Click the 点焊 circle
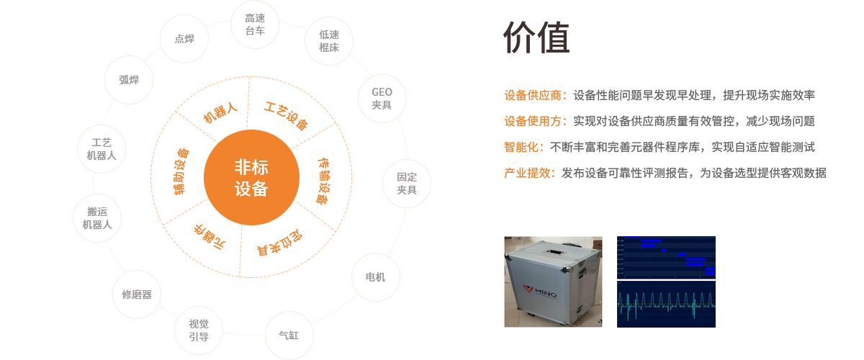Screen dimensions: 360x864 (x=184, y=39)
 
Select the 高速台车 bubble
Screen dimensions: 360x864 (x=255, y=24)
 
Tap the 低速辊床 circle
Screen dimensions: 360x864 (x=329, y=41)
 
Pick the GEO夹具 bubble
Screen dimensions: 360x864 (x=382, y=98)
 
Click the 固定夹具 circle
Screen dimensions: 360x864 (x=407, y=183)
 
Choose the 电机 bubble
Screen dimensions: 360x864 (x=375, y=276)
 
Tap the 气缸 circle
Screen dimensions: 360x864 (x=288, y=335)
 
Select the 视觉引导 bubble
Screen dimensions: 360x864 (x=199, y=330)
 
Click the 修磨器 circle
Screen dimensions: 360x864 (x=137, y=294)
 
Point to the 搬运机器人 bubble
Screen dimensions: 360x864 (x=97, y=217)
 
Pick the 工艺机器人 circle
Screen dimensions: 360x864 (x=102, y=149)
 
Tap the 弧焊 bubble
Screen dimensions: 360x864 (x=129, y=79)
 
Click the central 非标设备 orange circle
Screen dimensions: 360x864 (x=251, y=177)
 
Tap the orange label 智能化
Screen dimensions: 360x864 (x=524, y=147)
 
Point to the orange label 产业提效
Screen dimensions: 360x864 (x=529, y=173)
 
